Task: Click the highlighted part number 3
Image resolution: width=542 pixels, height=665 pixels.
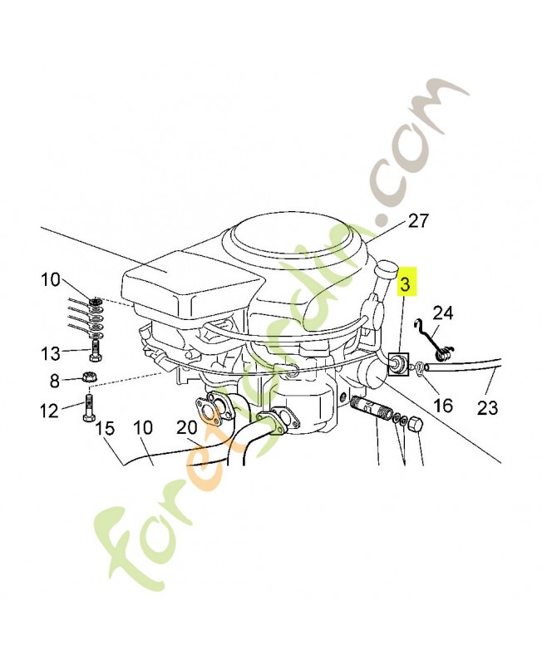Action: point(405,284)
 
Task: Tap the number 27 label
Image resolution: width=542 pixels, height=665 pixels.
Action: point(418,220)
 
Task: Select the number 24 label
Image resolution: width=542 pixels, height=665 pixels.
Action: point(443,313)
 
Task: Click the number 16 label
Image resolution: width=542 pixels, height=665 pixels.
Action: point(444,406)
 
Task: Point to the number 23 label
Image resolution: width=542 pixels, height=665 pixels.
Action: point(487,408)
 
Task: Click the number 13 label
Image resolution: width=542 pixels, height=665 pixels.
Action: point(51,352)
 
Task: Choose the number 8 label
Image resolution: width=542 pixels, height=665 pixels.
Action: point(55,381)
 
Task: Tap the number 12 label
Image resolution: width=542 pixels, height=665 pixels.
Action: point(49,410)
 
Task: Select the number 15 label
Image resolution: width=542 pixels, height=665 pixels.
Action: point(105,428)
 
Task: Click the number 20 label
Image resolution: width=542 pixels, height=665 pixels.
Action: point(187,427)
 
